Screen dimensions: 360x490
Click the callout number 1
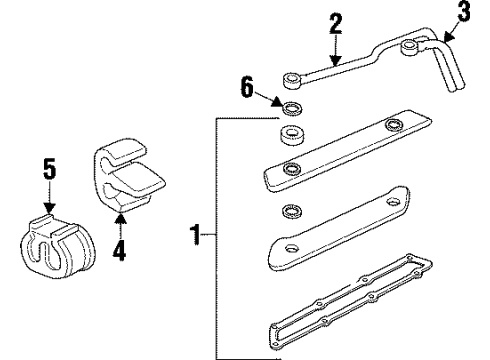pos(196,237)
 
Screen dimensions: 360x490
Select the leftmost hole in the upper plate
pos(291,167)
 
